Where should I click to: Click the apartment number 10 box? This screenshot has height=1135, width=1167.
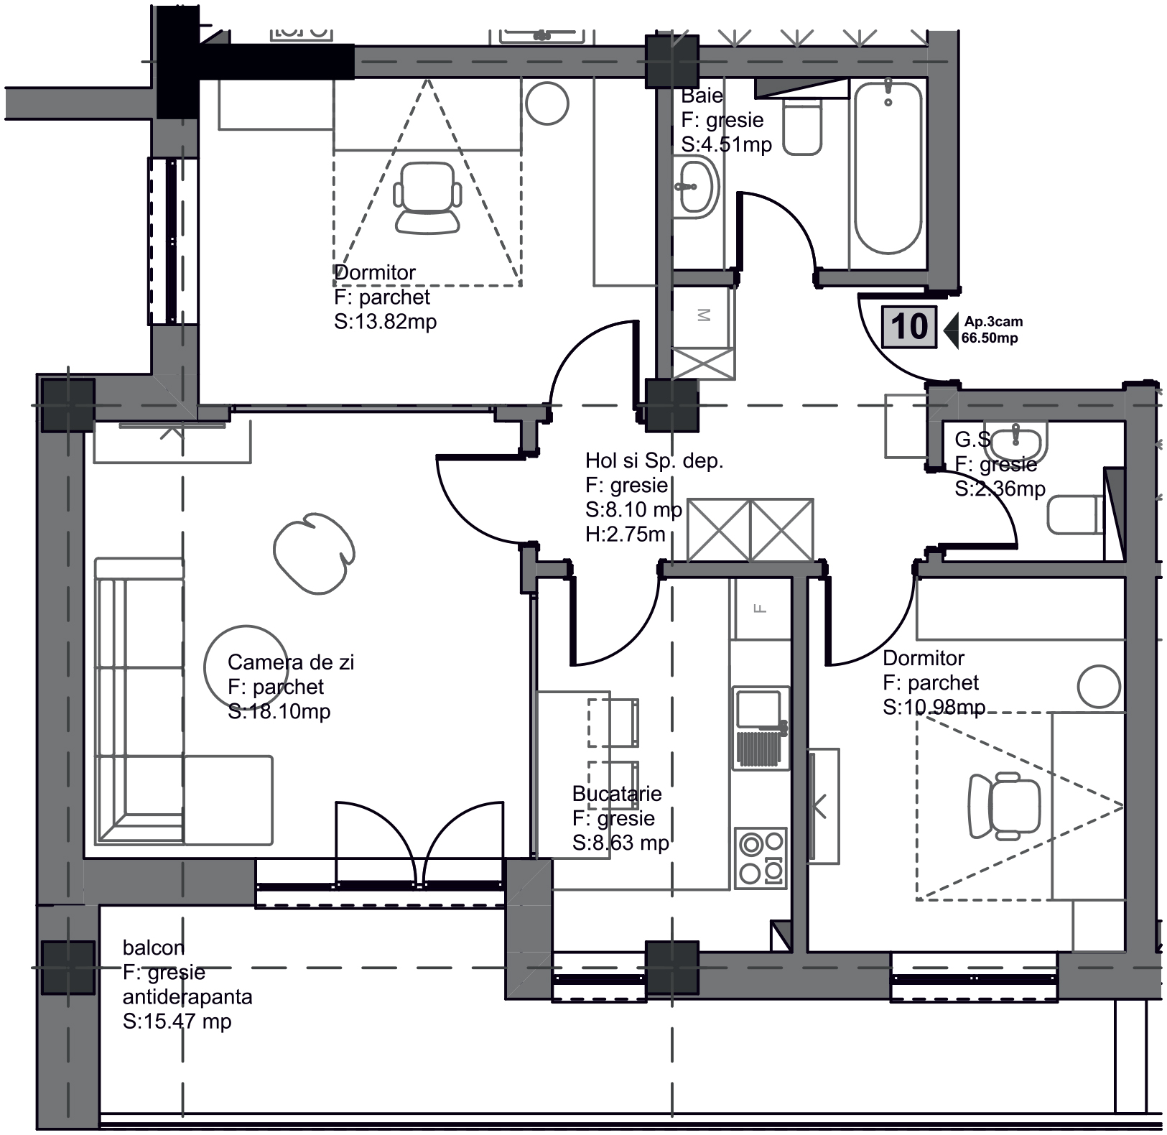[x=910, y=327]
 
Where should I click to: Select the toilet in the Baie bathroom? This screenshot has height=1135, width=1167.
[x=802, y=126]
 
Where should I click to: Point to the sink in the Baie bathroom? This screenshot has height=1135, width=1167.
[x=697, y=188]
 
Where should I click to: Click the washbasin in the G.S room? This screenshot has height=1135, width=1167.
[x=1015, y=442]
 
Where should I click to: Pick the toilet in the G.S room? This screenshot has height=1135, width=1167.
[x=1075, y=515]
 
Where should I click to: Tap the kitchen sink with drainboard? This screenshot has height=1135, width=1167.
[x=761, y=728]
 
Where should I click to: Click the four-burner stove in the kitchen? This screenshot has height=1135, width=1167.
[x=761, y=858]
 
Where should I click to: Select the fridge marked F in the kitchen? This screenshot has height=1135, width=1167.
[x=761, y=608]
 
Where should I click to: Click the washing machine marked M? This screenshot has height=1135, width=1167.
[x=703, y=316]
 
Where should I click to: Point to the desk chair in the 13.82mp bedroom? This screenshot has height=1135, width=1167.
[x=427, y=198]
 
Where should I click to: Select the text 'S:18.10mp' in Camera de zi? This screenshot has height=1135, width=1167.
[x=279, y=712]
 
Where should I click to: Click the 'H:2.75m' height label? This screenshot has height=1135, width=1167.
[x=625, y=534]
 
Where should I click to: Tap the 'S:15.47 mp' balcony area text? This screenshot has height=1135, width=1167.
[x=177, y=1022]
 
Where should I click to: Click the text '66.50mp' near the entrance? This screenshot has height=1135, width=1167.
[x=990, y=338]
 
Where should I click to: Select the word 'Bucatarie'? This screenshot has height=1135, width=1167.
[x=617, y=794]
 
